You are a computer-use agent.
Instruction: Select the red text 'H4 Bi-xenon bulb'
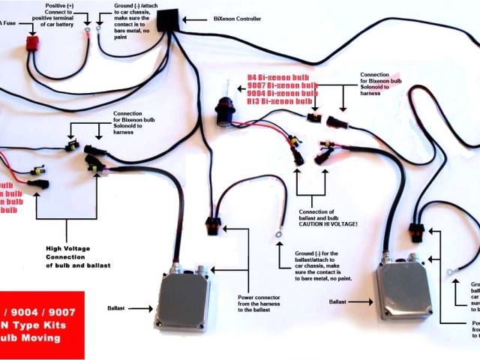pos(279,76)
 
